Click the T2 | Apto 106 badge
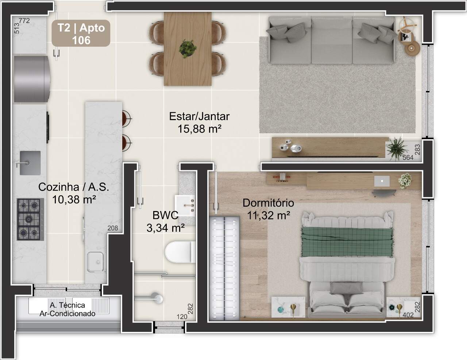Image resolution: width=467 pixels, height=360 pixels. pos(81,33)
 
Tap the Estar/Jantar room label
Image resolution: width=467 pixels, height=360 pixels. pos(199,116)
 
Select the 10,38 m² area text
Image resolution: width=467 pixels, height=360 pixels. pos(74,200)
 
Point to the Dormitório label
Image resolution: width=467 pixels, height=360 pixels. pos(268,203)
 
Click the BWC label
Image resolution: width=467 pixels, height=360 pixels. pos(165,215)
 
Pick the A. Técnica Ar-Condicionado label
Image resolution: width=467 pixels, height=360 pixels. pos(67,309)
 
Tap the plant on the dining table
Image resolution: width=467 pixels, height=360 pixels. pos(188,49)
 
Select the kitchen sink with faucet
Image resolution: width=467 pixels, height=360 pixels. pos(30,163)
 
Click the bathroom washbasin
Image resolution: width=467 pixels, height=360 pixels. pos(185,206)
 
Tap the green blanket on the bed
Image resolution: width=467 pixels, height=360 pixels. pos(347,241)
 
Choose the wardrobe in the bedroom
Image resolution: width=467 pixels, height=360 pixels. pos(224,269)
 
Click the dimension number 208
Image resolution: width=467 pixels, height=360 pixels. pos(113,228)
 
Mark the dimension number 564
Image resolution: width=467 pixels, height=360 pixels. pos(408,158)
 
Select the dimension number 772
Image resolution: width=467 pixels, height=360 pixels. pos(24,21)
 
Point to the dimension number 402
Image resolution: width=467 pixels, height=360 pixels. pos(408,315)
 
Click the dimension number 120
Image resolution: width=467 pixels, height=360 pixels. pos(182,317)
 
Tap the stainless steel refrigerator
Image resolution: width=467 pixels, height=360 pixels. pos(32,79)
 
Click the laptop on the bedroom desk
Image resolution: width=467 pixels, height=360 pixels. pos(382,181)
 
